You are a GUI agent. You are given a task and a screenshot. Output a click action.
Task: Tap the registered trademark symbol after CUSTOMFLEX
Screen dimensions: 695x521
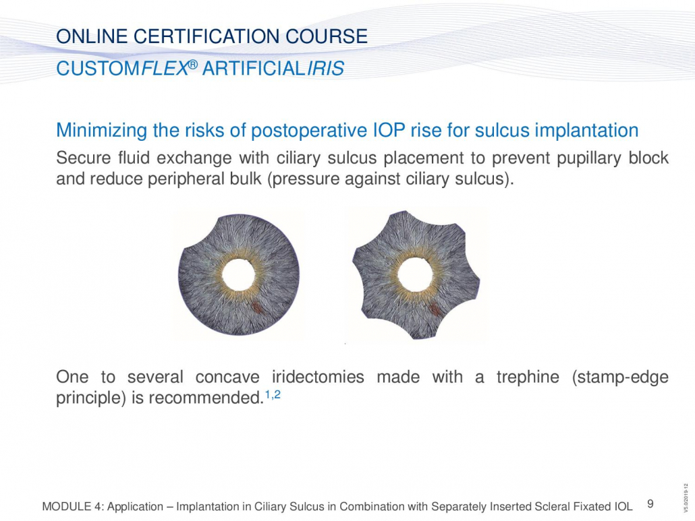(192, 65)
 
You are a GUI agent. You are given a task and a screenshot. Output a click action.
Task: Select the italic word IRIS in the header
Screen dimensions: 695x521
(326, 69)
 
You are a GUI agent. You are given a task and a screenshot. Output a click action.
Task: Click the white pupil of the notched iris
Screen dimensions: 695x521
(415, 274)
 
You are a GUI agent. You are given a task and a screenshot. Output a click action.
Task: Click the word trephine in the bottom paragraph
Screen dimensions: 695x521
(528, 377)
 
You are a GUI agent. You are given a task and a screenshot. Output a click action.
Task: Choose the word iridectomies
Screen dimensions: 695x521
(318, 377)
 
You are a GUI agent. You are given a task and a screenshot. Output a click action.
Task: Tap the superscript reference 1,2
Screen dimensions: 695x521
(273, 394)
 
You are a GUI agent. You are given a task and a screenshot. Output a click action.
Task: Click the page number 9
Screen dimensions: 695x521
(650, 503)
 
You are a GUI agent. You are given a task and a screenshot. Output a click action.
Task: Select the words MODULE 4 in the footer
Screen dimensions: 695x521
(72, 507)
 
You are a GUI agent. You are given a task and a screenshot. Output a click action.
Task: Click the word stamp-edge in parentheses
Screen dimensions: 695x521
(620, 377)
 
